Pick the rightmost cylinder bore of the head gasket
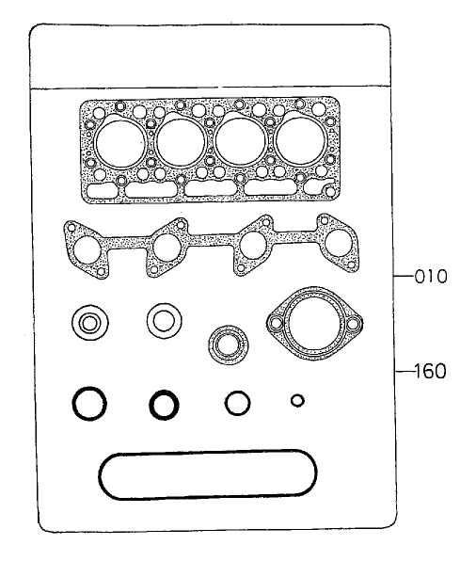[x=300, y=142]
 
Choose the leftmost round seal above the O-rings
[x=88, y=325]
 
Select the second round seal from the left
[x=164, y=320]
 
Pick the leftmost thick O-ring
[x=88, y=405]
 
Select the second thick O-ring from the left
[x=164, y=405]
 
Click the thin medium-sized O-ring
[x=236, y=403]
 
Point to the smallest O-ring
[x=296, y=401]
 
